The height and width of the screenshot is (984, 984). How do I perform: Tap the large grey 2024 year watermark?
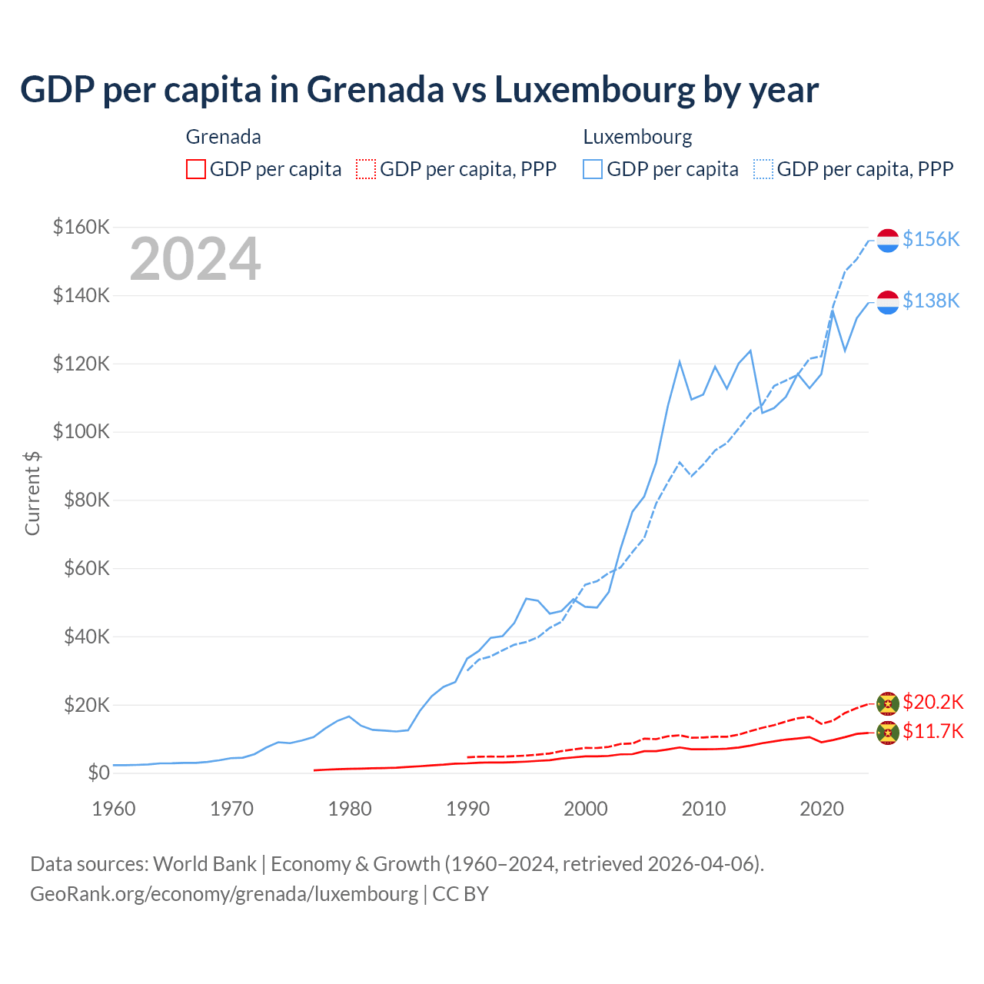coord(195,259)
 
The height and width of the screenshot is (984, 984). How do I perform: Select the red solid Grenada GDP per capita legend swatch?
coord(196,169)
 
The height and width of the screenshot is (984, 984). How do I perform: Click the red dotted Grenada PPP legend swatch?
coord(366,169)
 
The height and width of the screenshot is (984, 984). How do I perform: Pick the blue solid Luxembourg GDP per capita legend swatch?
coord(593,169)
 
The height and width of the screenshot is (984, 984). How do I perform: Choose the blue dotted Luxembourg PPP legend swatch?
coord(763,169)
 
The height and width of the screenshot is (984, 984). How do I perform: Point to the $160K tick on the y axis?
coord(81,227)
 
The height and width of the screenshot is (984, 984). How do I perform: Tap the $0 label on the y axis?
coord(98,773)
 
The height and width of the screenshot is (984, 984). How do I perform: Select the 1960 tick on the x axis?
coord(114,809)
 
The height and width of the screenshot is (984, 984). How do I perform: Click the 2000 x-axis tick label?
coord(586,809)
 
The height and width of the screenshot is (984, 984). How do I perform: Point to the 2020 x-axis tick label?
coord(822,809)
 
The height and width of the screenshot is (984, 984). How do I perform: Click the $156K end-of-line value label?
coord(931,239)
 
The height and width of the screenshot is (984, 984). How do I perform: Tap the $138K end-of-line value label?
coord(931,301)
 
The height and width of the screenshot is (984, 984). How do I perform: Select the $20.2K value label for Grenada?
coord(932,702)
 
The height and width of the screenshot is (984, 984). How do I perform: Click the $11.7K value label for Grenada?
coord(932,731)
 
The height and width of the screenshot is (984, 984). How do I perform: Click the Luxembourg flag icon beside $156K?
coord(888,240)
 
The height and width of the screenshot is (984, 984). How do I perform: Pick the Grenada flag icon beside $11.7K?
coord(888,733)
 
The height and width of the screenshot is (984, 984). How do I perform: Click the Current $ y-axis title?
coord(32,493)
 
